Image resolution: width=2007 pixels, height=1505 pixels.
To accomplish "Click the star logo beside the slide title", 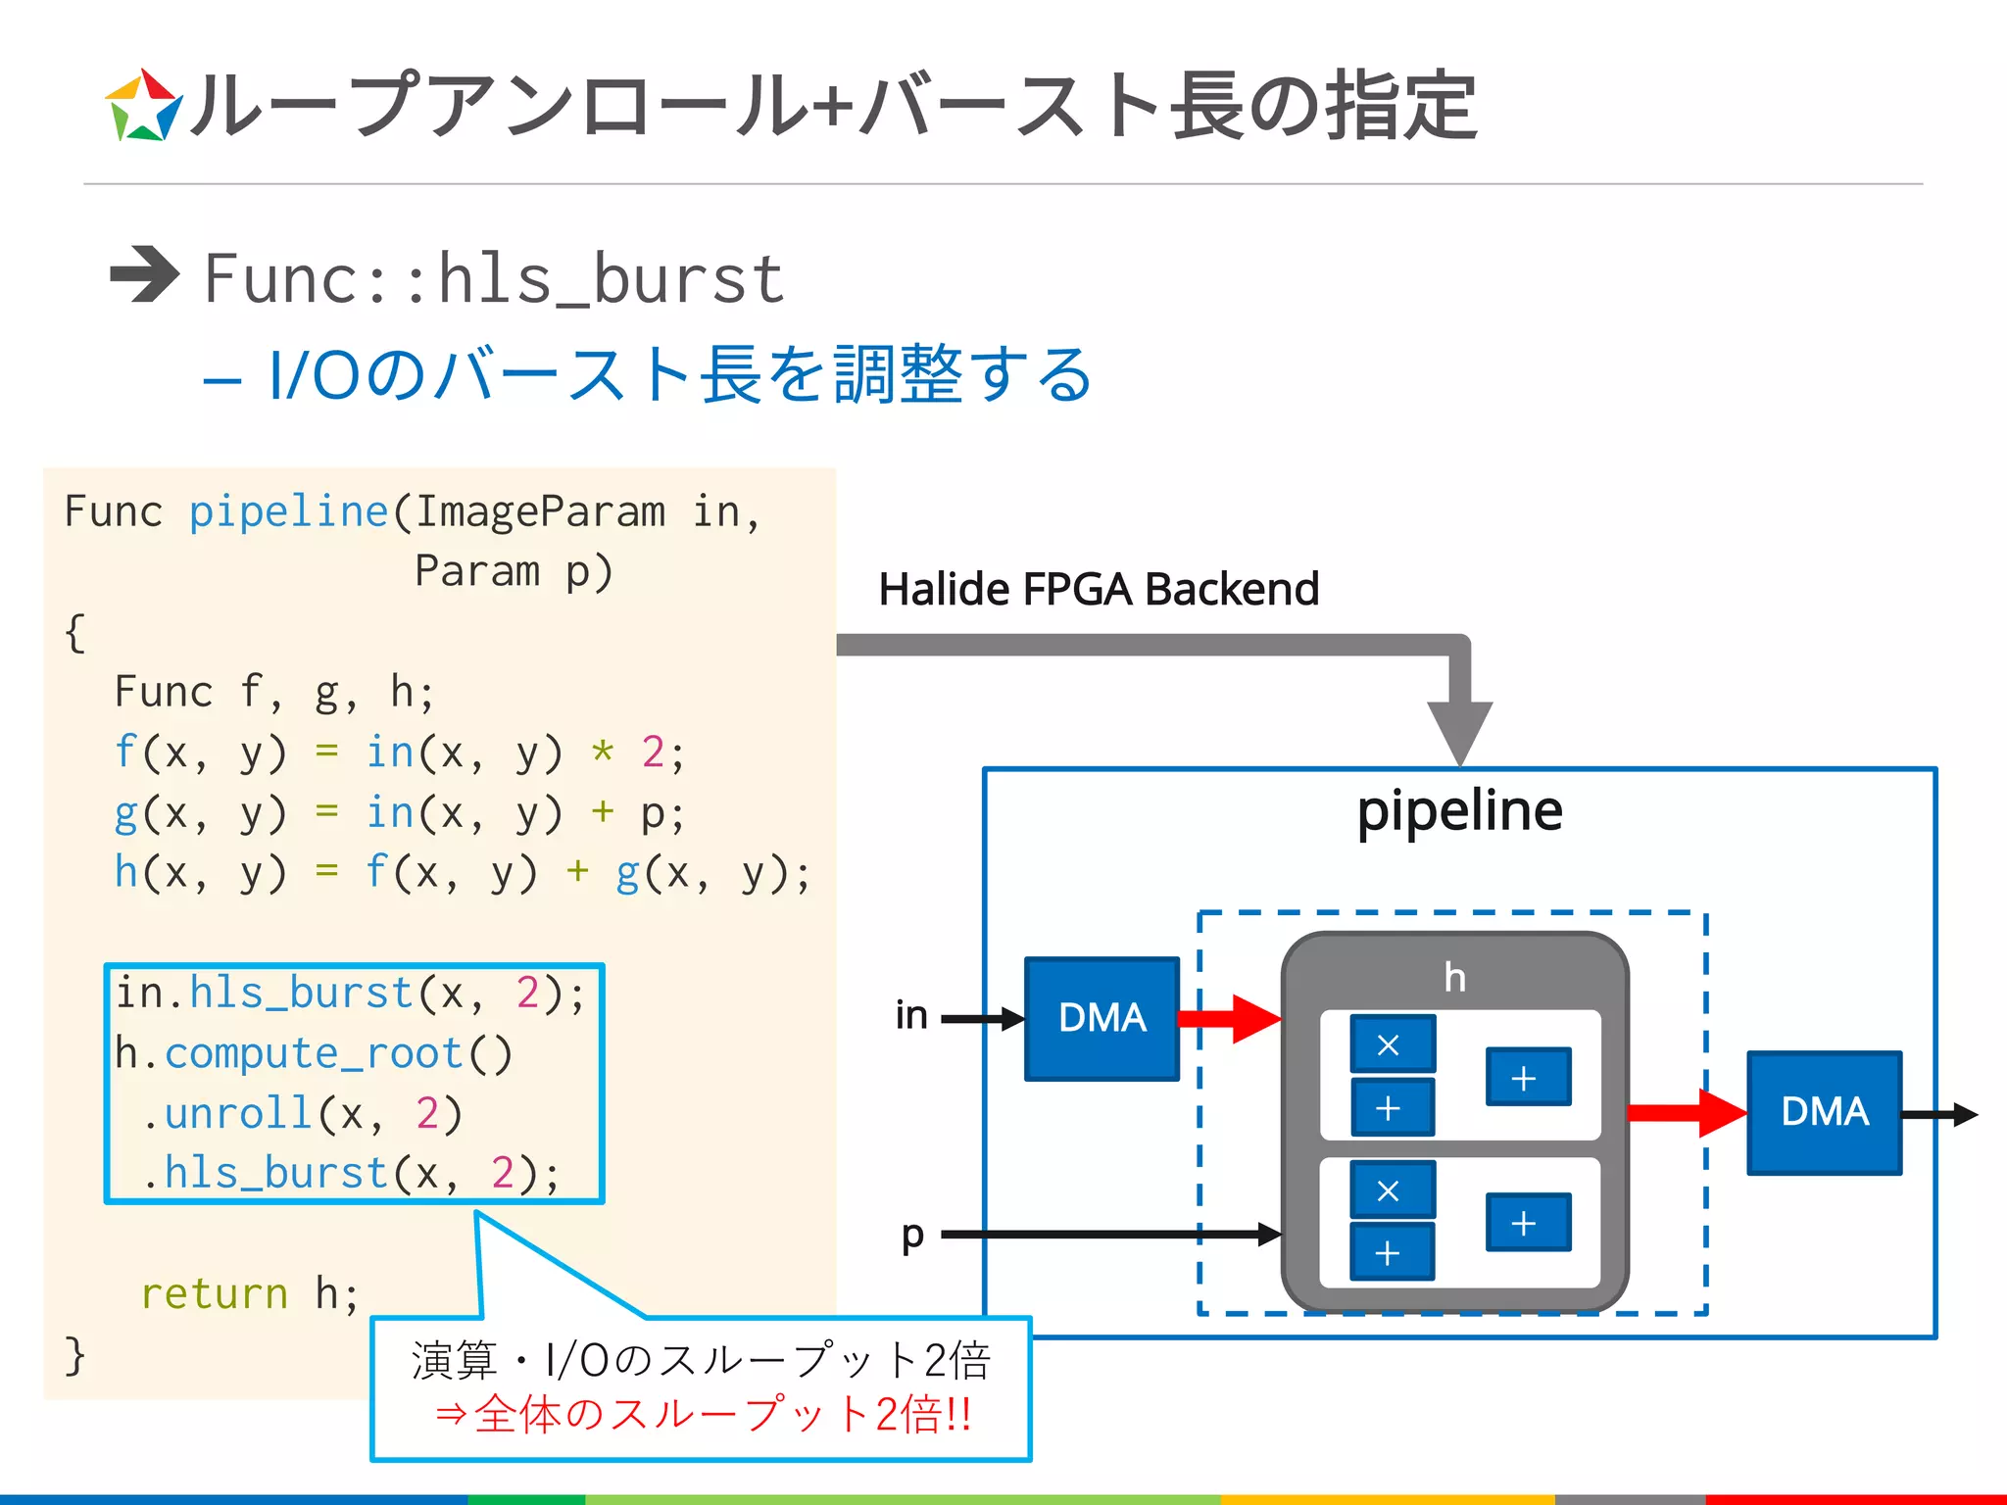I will click(143, 106).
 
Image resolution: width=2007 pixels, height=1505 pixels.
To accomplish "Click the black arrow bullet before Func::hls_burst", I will click(144, 274).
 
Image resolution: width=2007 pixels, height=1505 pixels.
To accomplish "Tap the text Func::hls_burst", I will click(494, 279).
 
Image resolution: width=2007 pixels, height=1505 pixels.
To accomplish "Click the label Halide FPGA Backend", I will click(1099, 589).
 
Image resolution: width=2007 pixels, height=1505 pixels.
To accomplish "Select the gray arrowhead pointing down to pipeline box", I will click(1459, 731).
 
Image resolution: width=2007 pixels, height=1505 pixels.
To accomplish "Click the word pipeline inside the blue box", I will click(1459, 811).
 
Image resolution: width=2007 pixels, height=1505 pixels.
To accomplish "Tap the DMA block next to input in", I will click(1101, 1018).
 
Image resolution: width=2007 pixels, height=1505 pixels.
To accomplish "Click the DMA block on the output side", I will click(1824, 1112).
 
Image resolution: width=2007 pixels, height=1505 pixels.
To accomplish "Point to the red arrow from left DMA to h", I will click(1231, 1019).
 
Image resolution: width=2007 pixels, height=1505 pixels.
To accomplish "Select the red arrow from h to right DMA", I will click(1687, 1113).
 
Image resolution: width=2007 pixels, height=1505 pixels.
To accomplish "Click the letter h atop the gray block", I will click(1454, 977).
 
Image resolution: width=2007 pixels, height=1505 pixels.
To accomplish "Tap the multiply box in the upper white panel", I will click(1392, 1044).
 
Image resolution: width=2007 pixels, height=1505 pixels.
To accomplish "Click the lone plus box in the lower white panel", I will click(1527, 1223).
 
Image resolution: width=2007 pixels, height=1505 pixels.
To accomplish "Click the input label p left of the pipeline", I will click(912, 1235).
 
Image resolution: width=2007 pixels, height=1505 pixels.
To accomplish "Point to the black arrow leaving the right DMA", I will click(1939, 1114).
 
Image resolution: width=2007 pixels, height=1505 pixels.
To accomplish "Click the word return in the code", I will click(215, 1293).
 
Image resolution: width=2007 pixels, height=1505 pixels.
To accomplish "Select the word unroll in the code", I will click(238, 1113).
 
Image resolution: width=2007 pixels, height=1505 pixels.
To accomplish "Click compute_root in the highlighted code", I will click(314, 1053).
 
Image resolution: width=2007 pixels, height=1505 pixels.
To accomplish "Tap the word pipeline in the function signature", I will click(289, 511).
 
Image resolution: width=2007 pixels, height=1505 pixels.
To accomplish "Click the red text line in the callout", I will click(702, 1414).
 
